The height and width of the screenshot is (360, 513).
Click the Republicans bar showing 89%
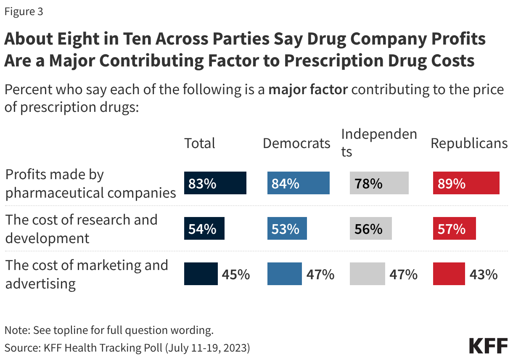[466, 183]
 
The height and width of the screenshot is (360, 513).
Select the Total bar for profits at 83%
[215, 183]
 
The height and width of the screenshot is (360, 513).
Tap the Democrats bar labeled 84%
[298, 183]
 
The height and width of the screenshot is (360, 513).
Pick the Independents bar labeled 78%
[379, 183]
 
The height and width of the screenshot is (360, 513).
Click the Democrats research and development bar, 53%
[287, 228]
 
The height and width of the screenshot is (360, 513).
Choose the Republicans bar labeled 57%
[454, 228]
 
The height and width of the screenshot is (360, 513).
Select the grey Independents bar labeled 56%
[370, 228]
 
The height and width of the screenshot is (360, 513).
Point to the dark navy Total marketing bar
[201, 274]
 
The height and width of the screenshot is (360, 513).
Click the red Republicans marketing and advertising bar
[449, 274]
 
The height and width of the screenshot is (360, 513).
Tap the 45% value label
[236, 275]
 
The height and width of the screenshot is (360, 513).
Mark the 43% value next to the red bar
[484, 275]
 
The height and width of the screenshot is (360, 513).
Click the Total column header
[200, 143]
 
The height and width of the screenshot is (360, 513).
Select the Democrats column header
[296, 143]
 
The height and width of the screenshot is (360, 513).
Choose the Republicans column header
[469, 143]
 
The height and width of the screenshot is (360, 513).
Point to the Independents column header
[379, 143]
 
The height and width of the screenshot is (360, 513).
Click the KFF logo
[488, 345]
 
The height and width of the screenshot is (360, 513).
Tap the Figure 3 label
[24, 12]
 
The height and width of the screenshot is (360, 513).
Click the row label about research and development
[81, 229]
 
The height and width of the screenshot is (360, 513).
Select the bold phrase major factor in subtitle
[308, 90]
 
